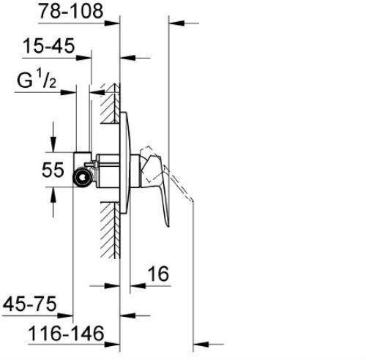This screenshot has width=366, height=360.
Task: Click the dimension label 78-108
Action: [71, 11]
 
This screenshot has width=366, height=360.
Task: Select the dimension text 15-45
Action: [48, 45]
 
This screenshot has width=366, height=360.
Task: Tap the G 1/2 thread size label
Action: [37, 79]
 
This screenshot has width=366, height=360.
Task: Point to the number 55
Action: [53, 170]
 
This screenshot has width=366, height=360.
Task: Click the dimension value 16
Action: [159, 274]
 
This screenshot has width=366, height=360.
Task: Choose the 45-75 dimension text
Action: [29, 304]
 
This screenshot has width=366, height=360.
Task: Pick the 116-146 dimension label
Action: [66, 334]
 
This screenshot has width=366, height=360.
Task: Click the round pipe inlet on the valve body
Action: [83, 177]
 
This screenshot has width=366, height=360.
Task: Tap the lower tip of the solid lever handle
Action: [168, 226]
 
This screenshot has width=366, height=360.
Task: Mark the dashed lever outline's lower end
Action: [192, 200]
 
